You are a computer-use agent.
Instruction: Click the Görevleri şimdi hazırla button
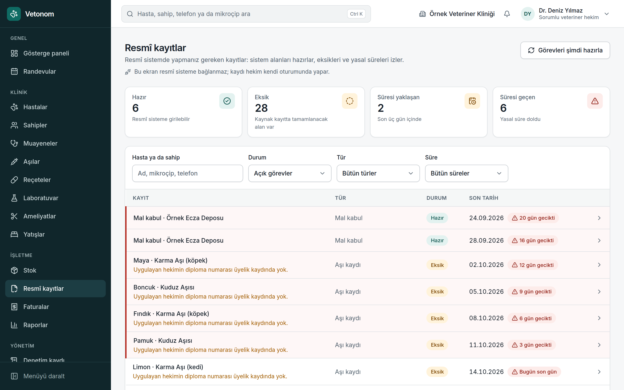(x=565, y=50)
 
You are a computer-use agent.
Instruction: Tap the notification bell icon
(x=507, y=14)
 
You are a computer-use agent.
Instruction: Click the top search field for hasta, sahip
(x=246, y=14)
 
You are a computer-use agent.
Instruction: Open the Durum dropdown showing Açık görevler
(x=289, y=173)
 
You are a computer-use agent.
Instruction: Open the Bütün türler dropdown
(x=378, y=173)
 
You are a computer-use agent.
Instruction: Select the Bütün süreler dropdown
(x=466, y=173)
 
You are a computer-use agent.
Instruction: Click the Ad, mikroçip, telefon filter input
(x=187, y=173)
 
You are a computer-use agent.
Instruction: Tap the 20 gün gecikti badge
(x=533, y=218)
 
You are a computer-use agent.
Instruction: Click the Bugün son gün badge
(x=534, y=372)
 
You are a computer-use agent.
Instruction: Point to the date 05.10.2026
(x=486, y=291)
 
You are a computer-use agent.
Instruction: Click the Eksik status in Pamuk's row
(x=437, y=345)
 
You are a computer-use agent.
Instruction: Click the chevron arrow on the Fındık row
(x=599, y=318)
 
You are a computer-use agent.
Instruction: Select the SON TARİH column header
(x=483, y=198)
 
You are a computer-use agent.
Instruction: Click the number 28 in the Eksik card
(x=261, y=108)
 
